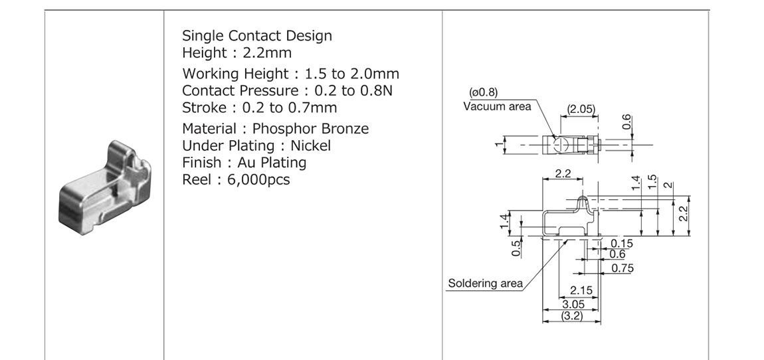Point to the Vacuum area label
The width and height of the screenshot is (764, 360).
coord(497,106)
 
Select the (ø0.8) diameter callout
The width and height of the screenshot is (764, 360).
coord(484,92)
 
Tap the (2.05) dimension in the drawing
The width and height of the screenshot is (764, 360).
coord(581,109)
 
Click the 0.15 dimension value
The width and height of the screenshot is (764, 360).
coord(622,244)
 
